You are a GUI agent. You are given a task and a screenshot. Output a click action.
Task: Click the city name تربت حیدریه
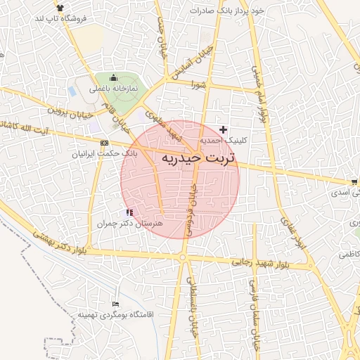[x=200, y=158]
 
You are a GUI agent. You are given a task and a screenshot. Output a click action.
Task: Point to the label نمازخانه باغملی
[x=116, y=89]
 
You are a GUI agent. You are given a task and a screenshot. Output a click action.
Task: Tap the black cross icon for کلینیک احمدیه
[x=224, y=129]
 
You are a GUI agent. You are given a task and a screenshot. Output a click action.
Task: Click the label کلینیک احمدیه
[x=222, y=141]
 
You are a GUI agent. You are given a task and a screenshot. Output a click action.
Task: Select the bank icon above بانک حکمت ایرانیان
[x=105, y=143]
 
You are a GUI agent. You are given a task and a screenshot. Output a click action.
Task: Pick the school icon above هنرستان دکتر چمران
[x=129, y=212]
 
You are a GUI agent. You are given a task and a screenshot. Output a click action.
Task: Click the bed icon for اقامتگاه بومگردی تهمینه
[x=115, y=304]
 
